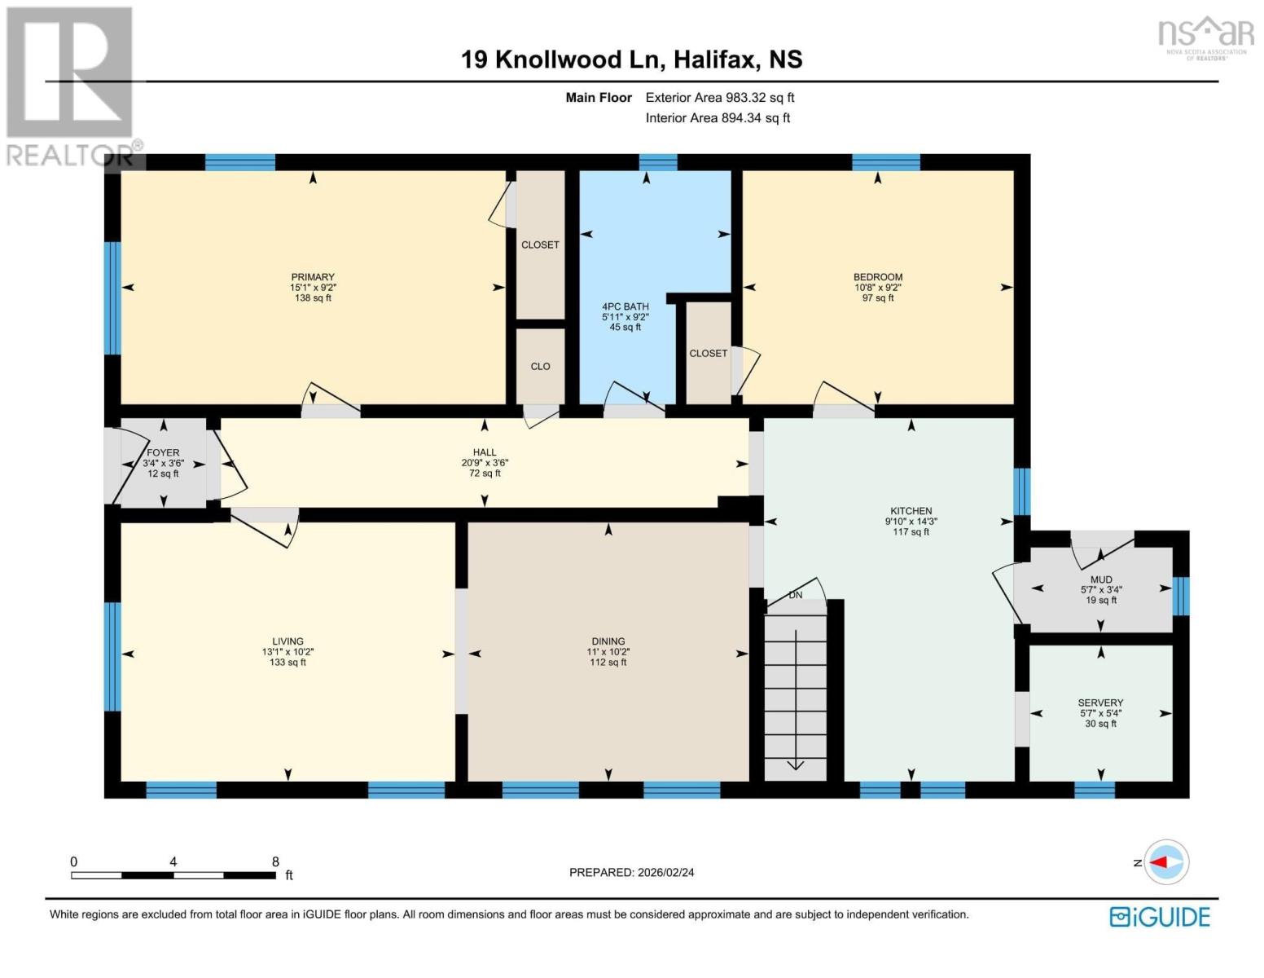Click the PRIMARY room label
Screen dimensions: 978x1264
pos(313,277)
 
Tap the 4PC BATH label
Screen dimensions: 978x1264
pos(625,306)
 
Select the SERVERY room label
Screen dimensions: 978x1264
pos(1100,703)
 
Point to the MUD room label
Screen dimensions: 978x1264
pos(1101,579)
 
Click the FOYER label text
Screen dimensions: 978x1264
pos(163,452)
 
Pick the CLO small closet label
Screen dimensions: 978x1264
pos(541,367)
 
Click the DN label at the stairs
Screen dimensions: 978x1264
pos(796,595)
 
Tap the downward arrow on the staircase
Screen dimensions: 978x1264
pos(796,764)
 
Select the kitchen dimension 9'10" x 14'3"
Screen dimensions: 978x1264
pos(911,522)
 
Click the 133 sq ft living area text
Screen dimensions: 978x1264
pos(287,663)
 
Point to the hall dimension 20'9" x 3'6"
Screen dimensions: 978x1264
pos(485,463)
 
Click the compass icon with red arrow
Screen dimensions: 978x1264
pos(1167,862)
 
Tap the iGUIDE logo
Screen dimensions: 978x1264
pos(1160,917)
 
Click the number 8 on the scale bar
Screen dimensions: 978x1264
pos(275,861)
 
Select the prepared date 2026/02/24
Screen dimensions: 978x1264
pos(631,872)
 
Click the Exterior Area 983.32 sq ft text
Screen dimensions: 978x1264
pos(720,98)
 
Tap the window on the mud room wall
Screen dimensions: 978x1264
pos(1181,596)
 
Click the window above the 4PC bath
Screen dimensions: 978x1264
pos(658,161)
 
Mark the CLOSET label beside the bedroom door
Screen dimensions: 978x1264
pos(708,354)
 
